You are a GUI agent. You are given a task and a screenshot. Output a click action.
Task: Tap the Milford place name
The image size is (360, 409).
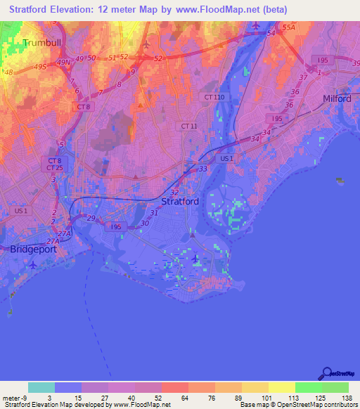[337, 98]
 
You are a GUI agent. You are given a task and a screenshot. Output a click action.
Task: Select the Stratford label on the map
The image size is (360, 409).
[180, 201]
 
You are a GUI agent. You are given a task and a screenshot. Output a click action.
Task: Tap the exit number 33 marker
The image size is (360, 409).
[203, 169]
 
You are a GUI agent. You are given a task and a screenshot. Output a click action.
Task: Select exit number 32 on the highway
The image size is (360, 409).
[174, 192]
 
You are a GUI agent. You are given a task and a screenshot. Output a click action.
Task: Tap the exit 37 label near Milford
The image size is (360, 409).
[303, 77]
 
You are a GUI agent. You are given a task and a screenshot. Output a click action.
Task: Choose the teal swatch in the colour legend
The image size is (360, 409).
[41, 387]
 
